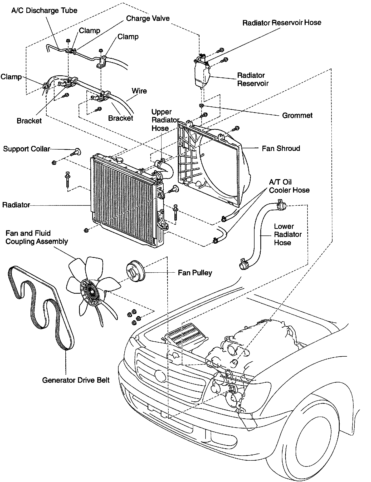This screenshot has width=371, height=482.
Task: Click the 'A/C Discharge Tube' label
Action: pyautogui.click(x=44, y=11)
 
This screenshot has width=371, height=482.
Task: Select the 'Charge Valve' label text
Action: pyautogui.click(x=148, y=18)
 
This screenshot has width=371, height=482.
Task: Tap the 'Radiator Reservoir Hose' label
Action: pyautogui.click(x=282, y=23)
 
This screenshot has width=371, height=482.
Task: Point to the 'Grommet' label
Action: pyautogui.click(x=297, y=115)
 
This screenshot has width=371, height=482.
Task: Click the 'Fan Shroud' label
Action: pyautogui.click(x=281, y=148)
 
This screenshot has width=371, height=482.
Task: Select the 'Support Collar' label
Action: pyautogui.click(x=26, y=149)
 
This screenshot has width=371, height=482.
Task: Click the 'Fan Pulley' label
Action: pyautogui.click(x=195, y=273)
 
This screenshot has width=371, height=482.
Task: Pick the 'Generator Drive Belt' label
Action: pyautogui.click(x=76, y=380)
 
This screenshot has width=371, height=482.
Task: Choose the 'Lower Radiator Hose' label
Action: pyautogui.click(x=287, y=234)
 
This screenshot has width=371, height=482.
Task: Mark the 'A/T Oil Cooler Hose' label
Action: pyautogui.click(x=289, y=186)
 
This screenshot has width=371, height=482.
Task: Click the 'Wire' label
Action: pyautogui.click(x=139, y=91)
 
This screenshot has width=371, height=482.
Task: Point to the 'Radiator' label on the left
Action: pyautogui.click(x=16, y=205)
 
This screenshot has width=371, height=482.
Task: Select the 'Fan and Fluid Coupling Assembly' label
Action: pyautogui.click(x=37, y=237)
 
